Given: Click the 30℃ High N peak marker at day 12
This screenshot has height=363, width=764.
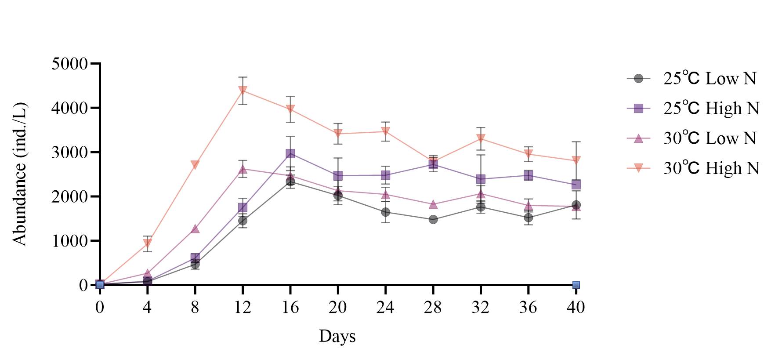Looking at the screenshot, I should tap(243, 91).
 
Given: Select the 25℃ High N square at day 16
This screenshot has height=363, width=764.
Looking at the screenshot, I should tap(290, 153).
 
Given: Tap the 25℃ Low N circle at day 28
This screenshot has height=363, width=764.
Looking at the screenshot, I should tap(433, 219).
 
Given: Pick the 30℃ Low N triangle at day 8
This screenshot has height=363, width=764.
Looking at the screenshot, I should tap(195, 229).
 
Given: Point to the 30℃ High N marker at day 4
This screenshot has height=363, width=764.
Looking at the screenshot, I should tap(148, 243).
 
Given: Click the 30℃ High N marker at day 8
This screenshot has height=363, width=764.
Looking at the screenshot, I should tap(195, 164).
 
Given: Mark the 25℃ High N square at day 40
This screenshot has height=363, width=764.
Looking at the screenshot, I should tap(576, 185).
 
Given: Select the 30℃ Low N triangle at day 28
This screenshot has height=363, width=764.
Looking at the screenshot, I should tap(433, 204).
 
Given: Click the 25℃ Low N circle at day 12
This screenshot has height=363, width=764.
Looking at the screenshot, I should tap(243, 221).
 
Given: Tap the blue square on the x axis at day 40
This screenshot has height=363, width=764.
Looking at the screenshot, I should tap(576, 285).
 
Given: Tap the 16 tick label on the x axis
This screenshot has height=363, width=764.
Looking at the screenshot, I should tap(290, 307).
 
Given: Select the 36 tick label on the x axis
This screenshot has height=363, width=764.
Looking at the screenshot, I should tap(528, 307).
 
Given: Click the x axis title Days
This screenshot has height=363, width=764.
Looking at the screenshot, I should tap(337, 336).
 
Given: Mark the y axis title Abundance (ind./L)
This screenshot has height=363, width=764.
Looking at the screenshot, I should tap(20, 174).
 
